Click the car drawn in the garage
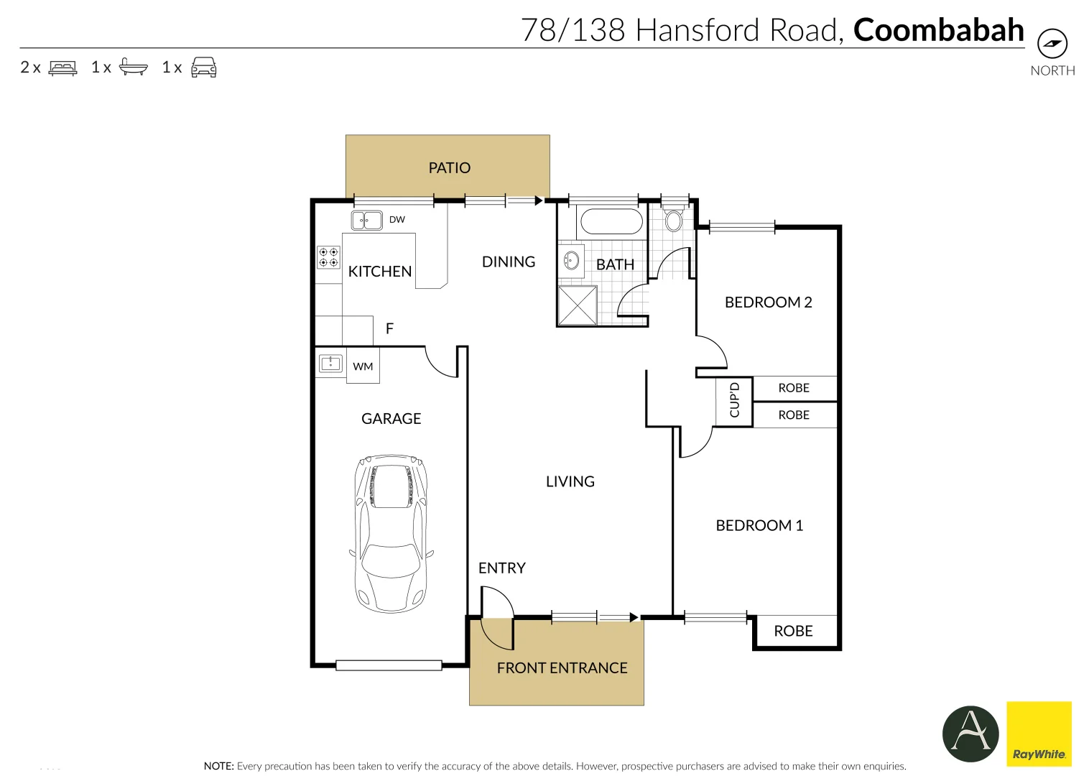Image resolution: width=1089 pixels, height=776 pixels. click(x=391, y=532)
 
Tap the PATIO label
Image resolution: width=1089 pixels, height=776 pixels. click(x=449, y=168)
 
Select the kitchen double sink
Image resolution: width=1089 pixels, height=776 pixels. click(x=366, y=220)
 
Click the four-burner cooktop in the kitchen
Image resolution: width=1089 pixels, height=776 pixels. click(x=329, y=257)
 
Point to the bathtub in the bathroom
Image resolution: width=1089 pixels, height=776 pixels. click(x=611, y=221)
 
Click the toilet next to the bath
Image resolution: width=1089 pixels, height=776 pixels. click(x=673, y=220)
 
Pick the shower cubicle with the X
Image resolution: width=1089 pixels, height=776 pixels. click(x=578, y=305)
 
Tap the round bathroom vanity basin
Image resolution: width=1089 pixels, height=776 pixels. click(x=572, y=259)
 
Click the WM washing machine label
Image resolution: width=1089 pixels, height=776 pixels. click(x=363, y=366)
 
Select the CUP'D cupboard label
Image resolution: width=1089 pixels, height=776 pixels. click(x=734, y=401)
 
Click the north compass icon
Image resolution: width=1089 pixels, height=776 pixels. click(x=1052, y=44)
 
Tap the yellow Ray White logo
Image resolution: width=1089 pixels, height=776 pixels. click(x=1039, y=734)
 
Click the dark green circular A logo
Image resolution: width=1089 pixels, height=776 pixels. click(x=970, y=734)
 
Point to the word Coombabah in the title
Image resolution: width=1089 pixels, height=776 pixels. click(x=938, y=30)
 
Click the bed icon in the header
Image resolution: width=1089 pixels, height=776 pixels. click(x=62, y=68)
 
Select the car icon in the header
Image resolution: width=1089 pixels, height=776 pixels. click(x=204, y=68)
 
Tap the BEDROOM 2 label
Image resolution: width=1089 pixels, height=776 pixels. click(x=768, y=302)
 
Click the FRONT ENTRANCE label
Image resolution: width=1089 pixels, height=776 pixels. click(x=562, y=668)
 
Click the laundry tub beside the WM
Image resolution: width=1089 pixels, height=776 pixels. click(x=330, y=364)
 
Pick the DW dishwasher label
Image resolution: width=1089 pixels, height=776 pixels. click(x=397, y=220)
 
